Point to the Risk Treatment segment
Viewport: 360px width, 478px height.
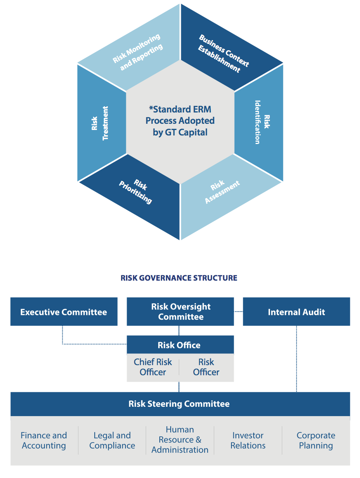click(x=100, y=123)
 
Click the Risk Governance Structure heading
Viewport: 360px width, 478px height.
click(x=179, y=278)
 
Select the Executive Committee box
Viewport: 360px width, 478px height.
click(x=64, y=312)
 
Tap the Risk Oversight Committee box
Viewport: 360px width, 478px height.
click(x=180, y=312)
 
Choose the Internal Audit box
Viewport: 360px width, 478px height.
click(x=296, y=312)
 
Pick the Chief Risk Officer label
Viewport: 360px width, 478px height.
click(x=153, y=367)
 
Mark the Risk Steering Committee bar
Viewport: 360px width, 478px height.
click(x=179, y=404)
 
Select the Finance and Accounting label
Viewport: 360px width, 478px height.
click(x=44, y=440)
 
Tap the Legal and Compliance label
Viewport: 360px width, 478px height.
click(x=112, y=440)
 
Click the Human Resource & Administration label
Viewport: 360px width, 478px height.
click(x=180, y=440)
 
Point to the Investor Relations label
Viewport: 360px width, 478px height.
click(x=248, y=440)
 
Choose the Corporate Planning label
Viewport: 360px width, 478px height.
click(x=316, y=440)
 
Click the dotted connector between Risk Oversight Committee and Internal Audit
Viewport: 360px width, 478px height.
click(x=238, y=311)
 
